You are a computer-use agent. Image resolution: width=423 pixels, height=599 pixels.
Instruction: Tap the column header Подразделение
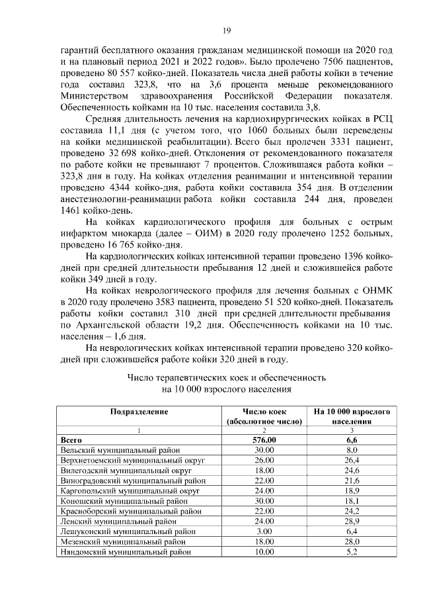pyautogui.click(x=139, y=412)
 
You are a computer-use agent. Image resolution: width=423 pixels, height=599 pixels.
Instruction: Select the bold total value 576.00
pyautogui.click(x=264, y=439)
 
